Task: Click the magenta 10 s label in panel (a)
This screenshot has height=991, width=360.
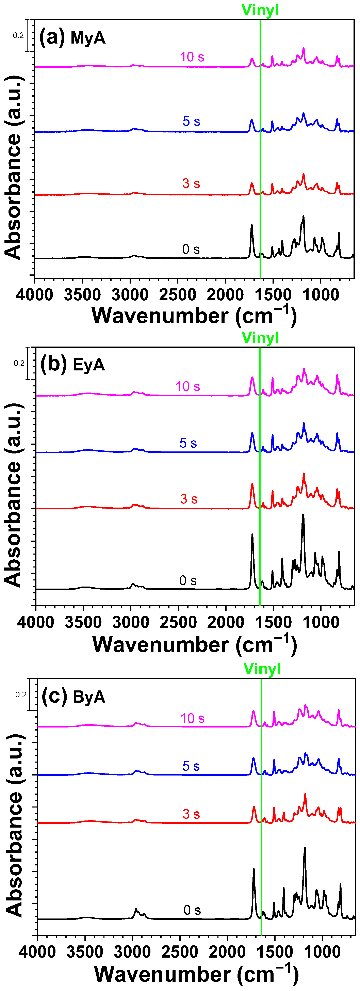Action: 192,57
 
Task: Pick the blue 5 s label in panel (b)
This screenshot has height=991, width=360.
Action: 188,443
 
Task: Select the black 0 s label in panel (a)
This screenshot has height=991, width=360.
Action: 191,249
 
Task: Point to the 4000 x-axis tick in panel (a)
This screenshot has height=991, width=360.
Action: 35,295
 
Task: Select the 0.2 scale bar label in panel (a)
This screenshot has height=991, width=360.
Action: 18,35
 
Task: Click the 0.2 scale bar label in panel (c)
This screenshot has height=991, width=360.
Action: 21,695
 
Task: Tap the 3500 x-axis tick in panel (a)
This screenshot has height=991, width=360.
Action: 82,295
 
